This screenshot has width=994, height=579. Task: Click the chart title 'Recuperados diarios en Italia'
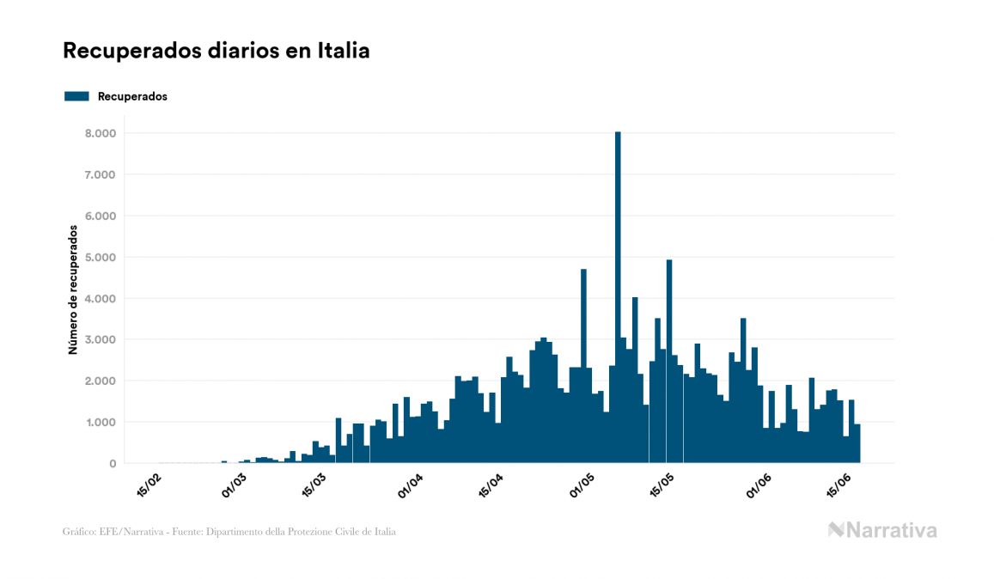click(216, 51)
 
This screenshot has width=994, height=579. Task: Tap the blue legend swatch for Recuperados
click(76, 96)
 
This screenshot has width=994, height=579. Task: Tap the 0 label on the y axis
click(112, 463)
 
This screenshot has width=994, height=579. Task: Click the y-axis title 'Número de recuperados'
click(74, 290)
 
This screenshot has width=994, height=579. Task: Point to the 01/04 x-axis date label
click(412, 486)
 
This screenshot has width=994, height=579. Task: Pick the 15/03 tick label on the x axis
click(314, 486)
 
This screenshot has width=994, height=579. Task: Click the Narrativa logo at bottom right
click(882, 530)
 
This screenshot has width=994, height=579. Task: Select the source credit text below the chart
click(229, 532)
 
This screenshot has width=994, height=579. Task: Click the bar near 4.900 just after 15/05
click(669, 361)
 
